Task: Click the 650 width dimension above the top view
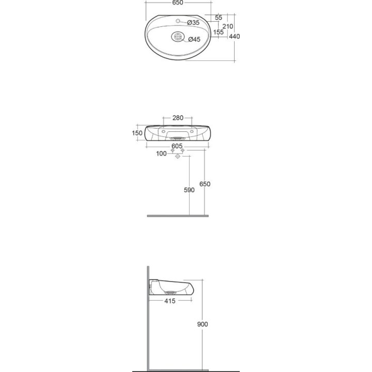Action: (178, 3)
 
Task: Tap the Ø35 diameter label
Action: (193, 23)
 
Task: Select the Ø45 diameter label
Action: (194, 39)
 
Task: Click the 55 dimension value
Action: (219, 18)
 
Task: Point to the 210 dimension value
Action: (228, 26)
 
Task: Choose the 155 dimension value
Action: (218, 32)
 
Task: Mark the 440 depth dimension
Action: (235, 36)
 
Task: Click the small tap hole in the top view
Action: (177, 21)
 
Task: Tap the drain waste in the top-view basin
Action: (177, 37)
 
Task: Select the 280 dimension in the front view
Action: (178, 118)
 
